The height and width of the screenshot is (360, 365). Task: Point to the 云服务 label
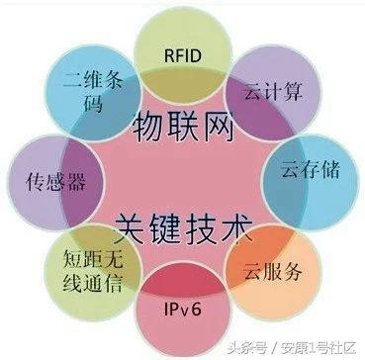coord(270,270)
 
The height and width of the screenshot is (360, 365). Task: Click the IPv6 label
coord(181,308)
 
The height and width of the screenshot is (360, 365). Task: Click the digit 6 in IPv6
coord(199,308)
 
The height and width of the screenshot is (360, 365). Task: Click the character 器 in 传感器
coord(66,180)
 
